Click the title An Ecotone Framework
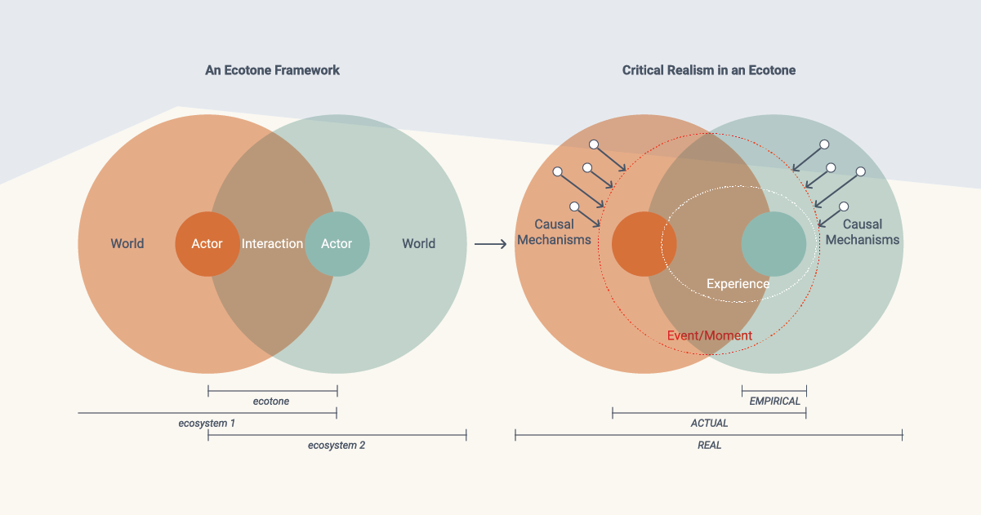pyautogui.click(x=272, y=70)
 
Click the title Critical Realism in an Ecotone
pyautogui.click(x=708, y=70)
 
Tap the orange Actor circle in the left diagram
pyautogui.click(x=207, y=243)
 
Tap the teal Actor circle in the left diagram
pyautogui.click(x=337, y=243)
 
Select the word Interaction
pyautogui.click(x=272, y=243)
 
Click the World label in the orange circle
pyautogui.click(x=127, y=243)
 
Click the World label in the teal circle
pyautogui.click(x=418, y=243)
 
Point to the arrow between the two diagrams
pyautogui.click(x=490, y=243)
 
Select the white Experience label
pyautogui.click(x=738, y=284)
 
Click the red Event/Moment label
pyautogui.click(x=709, y=335)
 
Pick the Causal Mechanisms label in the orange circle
pyautogui.click(x=554, y=232)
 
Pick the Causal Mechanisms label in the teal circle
pyautogui.click(x=862, y=232)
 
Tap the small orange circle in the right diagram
pyautogui.click(x=644, y=243)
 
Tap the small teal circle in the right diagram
pyautogui.click(x=773, y=243)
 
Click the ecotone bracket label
pyautogui.click(x=271, y=402)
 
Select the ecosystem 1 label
pyautogui.click(x=207, y=424)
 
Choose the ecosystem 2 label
pyautogui.click(x=336, y=446)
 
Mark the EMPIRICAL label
pyautogui.click(x=774, y=402)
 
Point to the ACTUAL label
pyautogui.click(x=709, y=424)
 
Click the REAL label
pyautogui.click(x=709, y=446)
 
